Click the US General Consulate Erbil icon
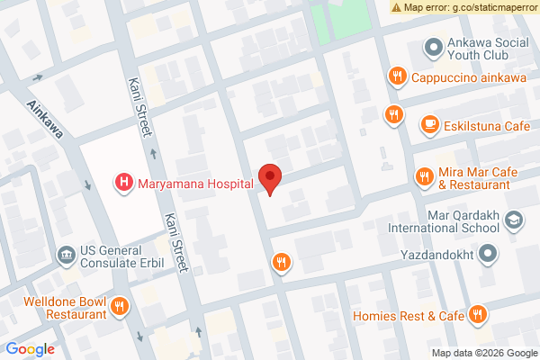[x=67, y=256]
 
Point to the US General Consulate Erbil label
[x=121, y=256]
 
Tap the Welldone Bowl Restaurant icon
[x=120, y=308]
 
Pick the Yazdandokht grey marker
[x=488, y=256]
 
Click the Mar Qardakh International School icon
[x=513, y=220]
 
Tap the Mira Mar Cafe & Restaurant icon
[x=422, y=177]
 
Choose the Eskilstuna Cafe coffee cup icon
[x=429, y=125]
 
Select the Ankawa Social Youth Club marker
[x=434, y=46]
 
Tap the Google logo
[x=31, y=349]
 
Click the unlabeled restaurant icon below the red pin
[x=282, y=262]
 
